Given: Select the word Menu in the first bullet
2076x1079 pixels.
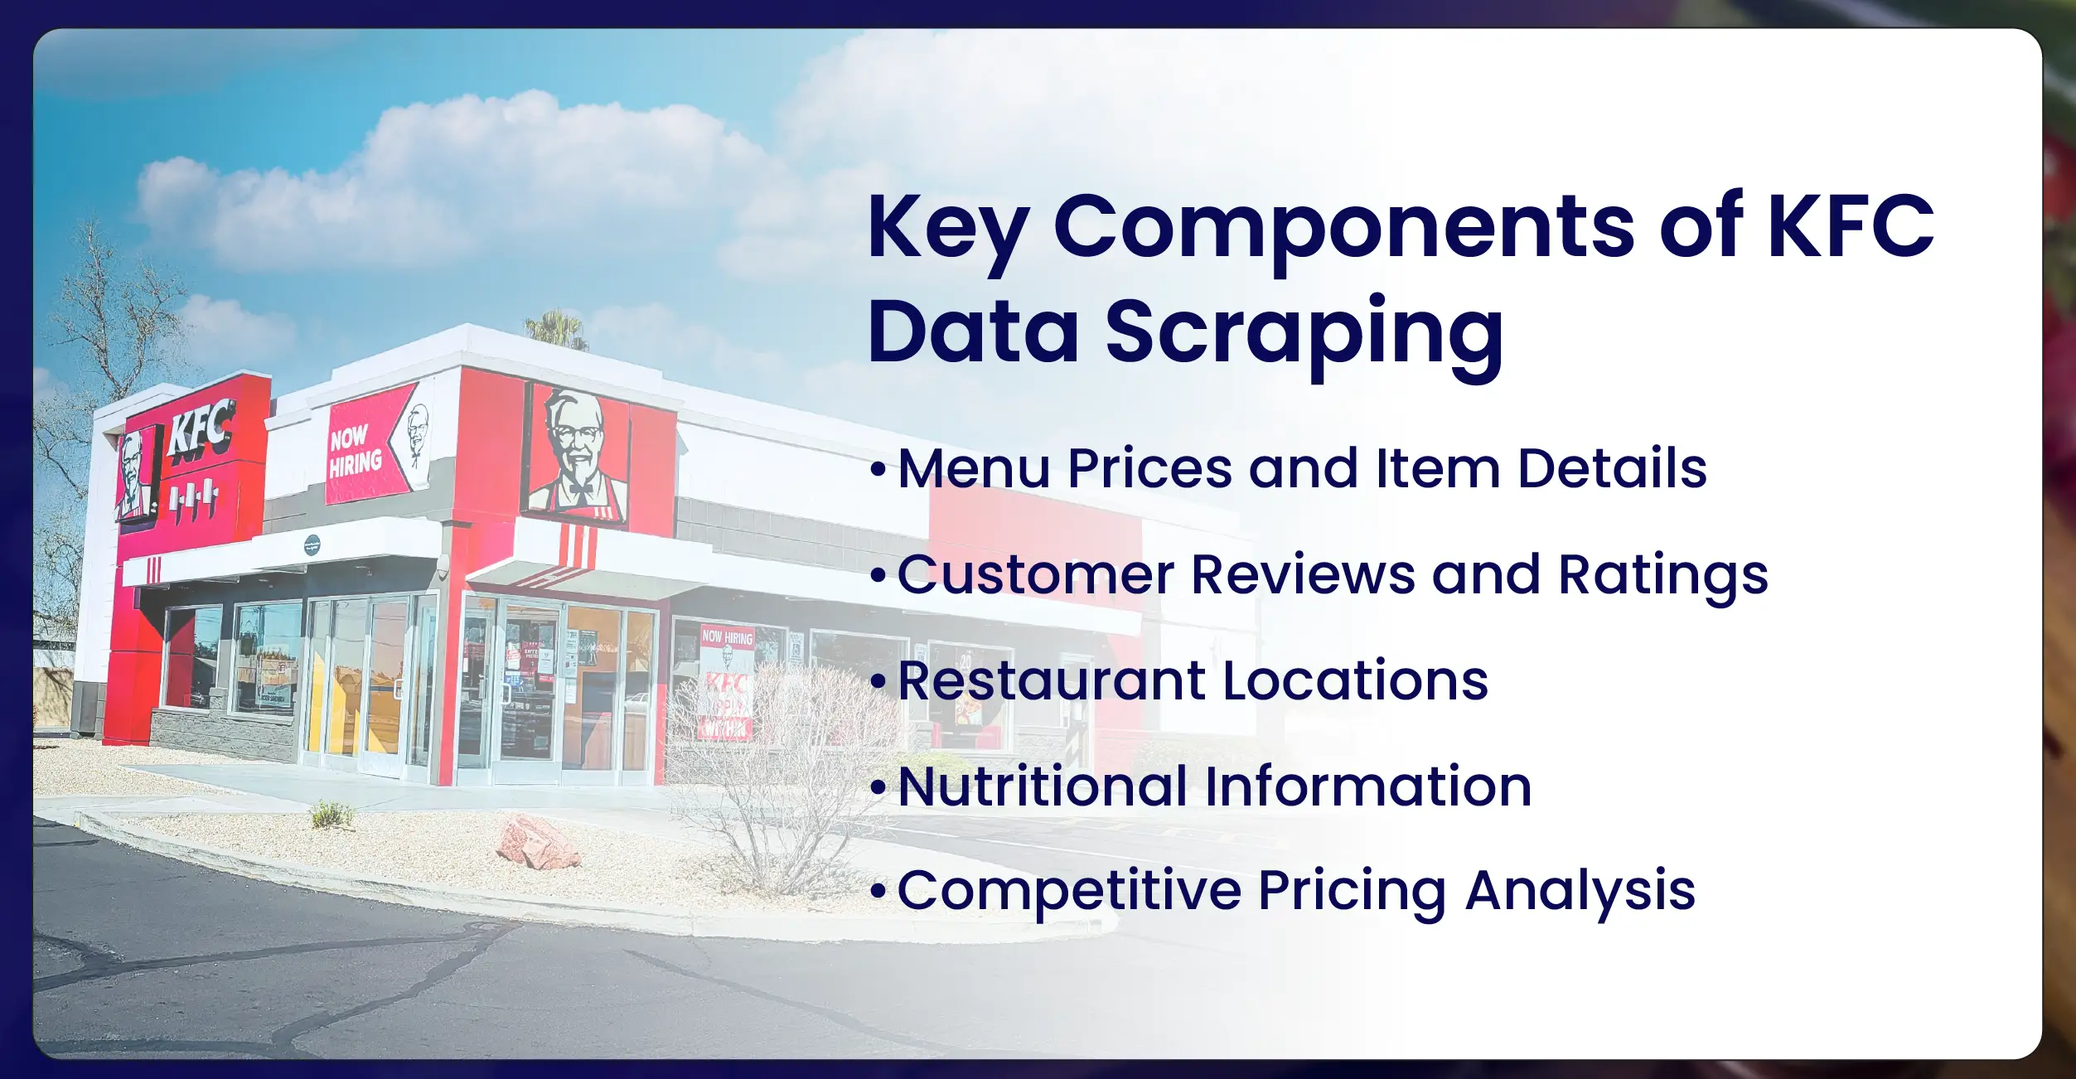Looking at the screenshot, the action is click(975, 468).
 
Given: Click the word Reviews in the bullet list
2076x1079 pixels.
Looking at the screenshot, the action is click(1303, 574).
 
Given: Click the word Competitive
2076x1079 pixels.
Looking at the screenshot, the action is click(1069, 891).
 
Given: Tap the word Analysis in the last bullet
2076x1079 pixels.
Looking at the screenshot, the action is click(1580, 892).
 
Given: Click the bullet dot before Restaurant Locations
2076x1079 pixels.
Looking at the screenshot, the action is click(878, 682).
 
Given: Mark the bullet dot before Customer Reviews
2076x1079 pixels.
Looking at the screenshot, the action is click(878, 575).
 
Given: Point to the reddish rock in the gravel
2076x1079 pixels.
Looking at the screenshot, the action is click(537, 842).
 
